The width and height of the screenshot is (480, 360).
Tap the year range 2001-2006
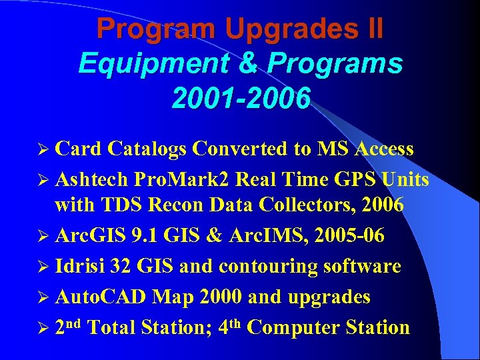click(x=241, y=98)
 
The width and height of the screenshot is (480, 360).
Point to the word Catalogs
click(x=147, y=149)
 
